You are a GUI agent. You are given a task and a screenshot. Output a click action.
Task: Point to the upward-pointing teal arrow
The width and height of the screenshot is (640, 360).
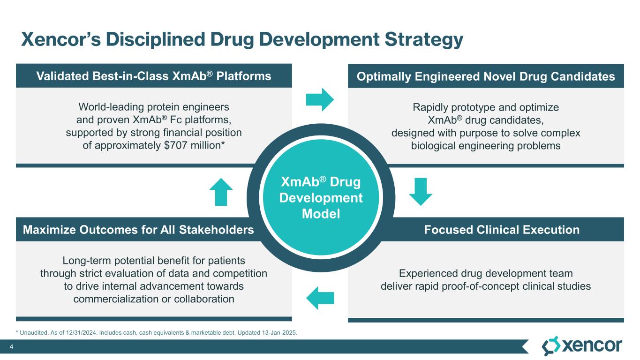pyautogui.click(x=220, y=192)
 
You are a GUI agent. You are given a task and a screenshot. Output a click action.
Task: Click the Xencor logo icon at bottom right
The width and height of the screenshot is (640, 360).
pyautogui.click(x=550, y=346)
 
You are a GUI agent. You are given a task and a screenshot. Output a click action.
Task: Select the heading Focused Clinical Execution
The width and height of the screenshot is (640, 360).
pyautogui.click(x=502, y=230)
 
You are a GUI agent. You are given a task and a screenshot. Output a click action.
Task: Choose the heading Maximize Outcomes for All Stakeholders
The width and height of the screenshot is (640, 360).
pyautogui.click(x=138, y=230)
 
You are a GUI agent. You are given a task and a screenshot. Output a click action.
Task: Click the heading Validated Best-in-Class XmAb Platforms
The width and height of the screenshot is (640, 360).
pyautogui.click(x=154, y=76)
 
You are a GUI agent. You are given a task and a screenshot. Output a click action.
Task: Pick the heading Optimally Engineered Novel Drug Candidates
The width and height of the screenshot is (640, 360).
pyautogui.click(x=486, y=76)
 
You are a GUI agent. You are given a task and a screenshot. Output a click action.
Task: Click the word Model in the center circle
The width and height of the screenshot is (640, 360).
pyautogui.click(x=321, y=214)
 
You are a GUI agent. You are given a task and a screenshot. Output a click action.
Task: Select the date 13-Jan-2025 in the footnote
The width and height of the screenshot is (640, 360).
pyautogui.click(x=280, y=332)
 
